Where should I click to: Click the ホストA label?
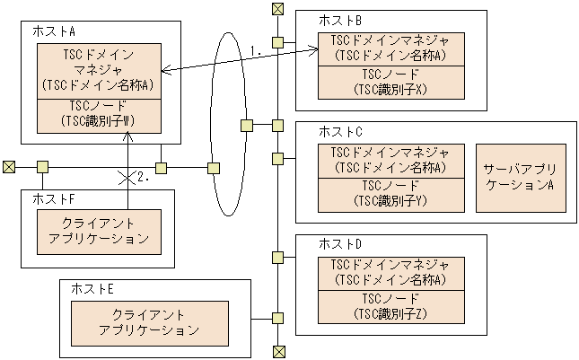(53, 31)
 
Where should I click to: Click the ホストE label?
(92, 289)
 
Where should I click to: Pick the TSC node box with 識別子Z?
(390, 305)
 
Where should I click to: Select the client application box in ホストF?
(99, 232)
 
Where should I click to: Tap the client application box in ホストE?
(148, 322)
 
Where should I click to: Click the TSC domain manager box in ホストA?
(99, 70)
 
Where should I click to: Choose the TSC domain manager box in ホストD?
(390, 272)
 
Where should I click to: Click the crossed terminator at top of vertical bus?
(278, 9)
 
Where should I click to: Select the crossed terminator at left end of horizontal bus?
(9, 167)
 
